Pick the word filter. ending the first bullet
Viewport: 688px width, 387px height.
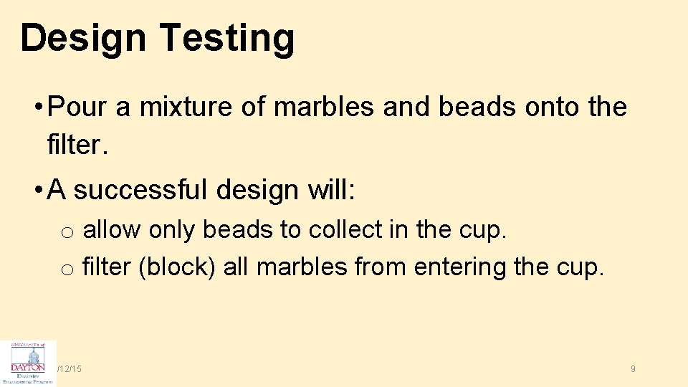(x=77, y=146)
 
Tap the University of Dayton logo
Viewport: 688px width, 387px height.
(x=29, y=363)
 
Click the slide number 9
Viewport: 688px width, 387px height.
(x=633, y=368)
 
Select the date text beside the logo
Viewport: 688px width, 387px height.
(x=70, y=368)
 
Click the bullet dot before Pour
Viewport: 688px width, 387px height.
(x=37, y=108)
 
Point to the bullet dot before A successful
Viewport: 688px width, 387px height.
(x=37, y=191)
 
